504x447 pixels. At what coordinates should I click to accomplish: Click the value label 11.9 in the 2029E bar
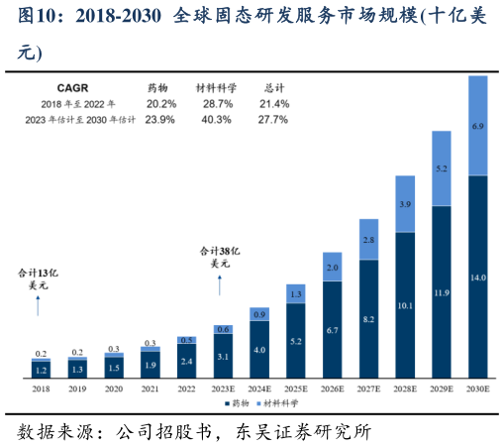(x=441, y=292)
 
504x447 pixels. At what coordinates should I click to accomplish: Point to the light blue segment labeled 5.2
(x=441, y=169)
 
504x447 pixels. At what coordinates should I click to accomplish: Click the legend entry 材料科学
(x=279, y=404)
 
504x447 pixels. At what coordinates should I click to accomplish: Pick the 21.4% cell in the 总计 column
(x=273, y=103)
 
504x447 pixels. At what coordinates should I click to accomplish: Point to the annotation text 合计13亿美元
(x=39, y=279)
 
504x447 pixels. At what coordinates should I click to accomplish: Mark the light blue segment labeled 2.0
(x=332, y=267)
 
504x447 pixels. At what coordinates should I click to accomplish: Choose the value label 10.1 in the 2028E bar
(x=404, y=305)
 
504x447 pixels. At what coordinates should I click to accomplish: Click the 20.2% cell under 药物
(x=160, y=103)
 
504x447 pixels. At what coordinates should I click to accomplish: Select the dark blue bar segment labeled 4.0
(x=258, y=349)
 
